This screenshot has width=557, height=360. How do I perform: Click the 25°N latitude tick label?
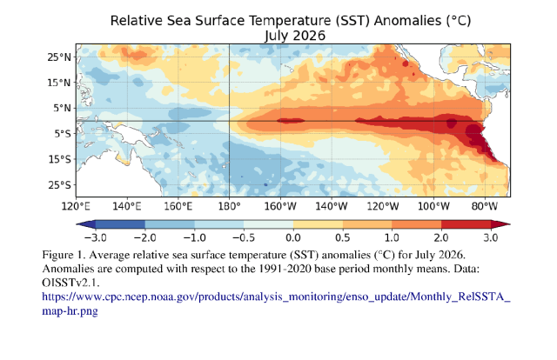(59, 57)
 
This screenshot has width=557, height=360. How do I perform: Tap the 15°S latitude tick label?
(60, 159)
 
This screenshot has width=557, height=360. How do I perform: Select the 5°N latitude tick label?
(62, 108)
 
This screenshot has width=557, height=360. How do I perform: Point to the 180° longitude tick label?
(229, 206)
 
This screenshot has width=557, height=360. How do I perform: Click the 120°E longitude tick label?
(76, 206)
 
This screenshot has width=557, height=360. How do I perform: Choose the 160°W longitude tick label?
(280, 206)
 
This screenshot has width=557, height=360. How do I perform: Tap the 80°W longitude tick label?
(485, 206)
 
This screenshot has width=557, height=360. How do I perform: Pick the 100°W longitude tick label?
(433, 206)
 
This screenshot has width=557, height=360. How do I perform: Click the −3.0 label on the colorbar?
(96, 237)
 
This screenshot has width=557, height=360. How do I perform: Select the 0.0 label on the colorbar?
(293, 237)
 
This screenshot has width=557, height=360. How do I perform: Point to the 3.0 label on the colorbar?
(491, 237)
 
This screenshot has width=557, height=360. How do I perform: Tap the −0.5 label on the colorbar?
(244, 237)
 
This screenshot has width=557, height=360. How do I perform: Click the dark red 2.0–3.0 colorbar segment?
(466, 224)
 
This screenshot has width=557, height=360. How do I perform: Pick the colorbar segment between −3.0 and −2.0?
(120, 224)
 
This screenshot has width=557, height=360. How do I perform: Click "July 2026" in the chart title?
(295, 36)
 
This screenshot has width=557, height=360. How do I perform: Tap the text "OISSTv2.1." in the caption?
(70, 283)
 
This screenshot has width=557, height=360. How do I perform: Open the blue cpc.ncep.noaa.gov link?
(276, 303)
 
